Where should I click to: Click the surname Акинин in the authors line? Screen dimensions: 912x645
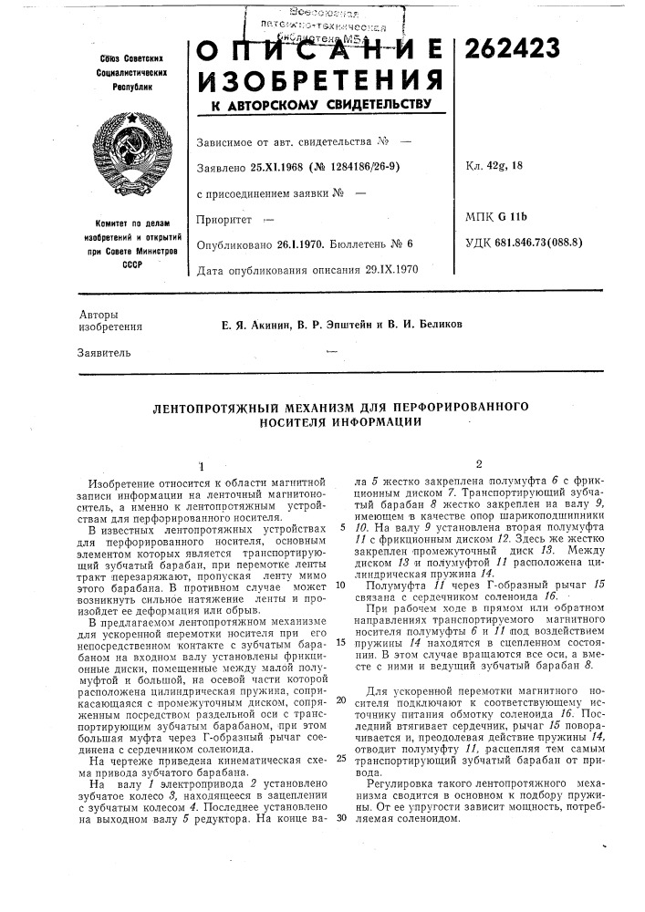pos(254,323)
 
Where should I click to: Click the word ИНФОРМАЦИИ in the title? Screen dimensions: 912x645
pos(376,421)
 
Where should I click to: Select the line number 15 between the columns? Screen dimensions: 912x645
pos(338,641)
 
